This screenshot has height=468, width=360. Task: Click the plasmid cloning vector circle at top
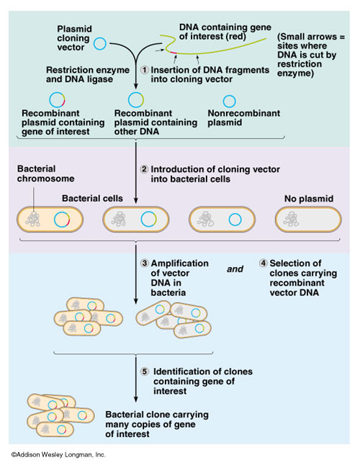point(100,45)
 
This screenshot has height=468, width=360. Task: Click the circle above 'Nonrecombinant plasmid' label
point(229,102)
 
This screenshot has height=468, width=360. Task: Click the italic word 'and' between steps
point(235,271)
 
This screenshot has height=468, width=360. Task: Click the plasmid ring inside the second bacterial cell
point(149,219)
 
